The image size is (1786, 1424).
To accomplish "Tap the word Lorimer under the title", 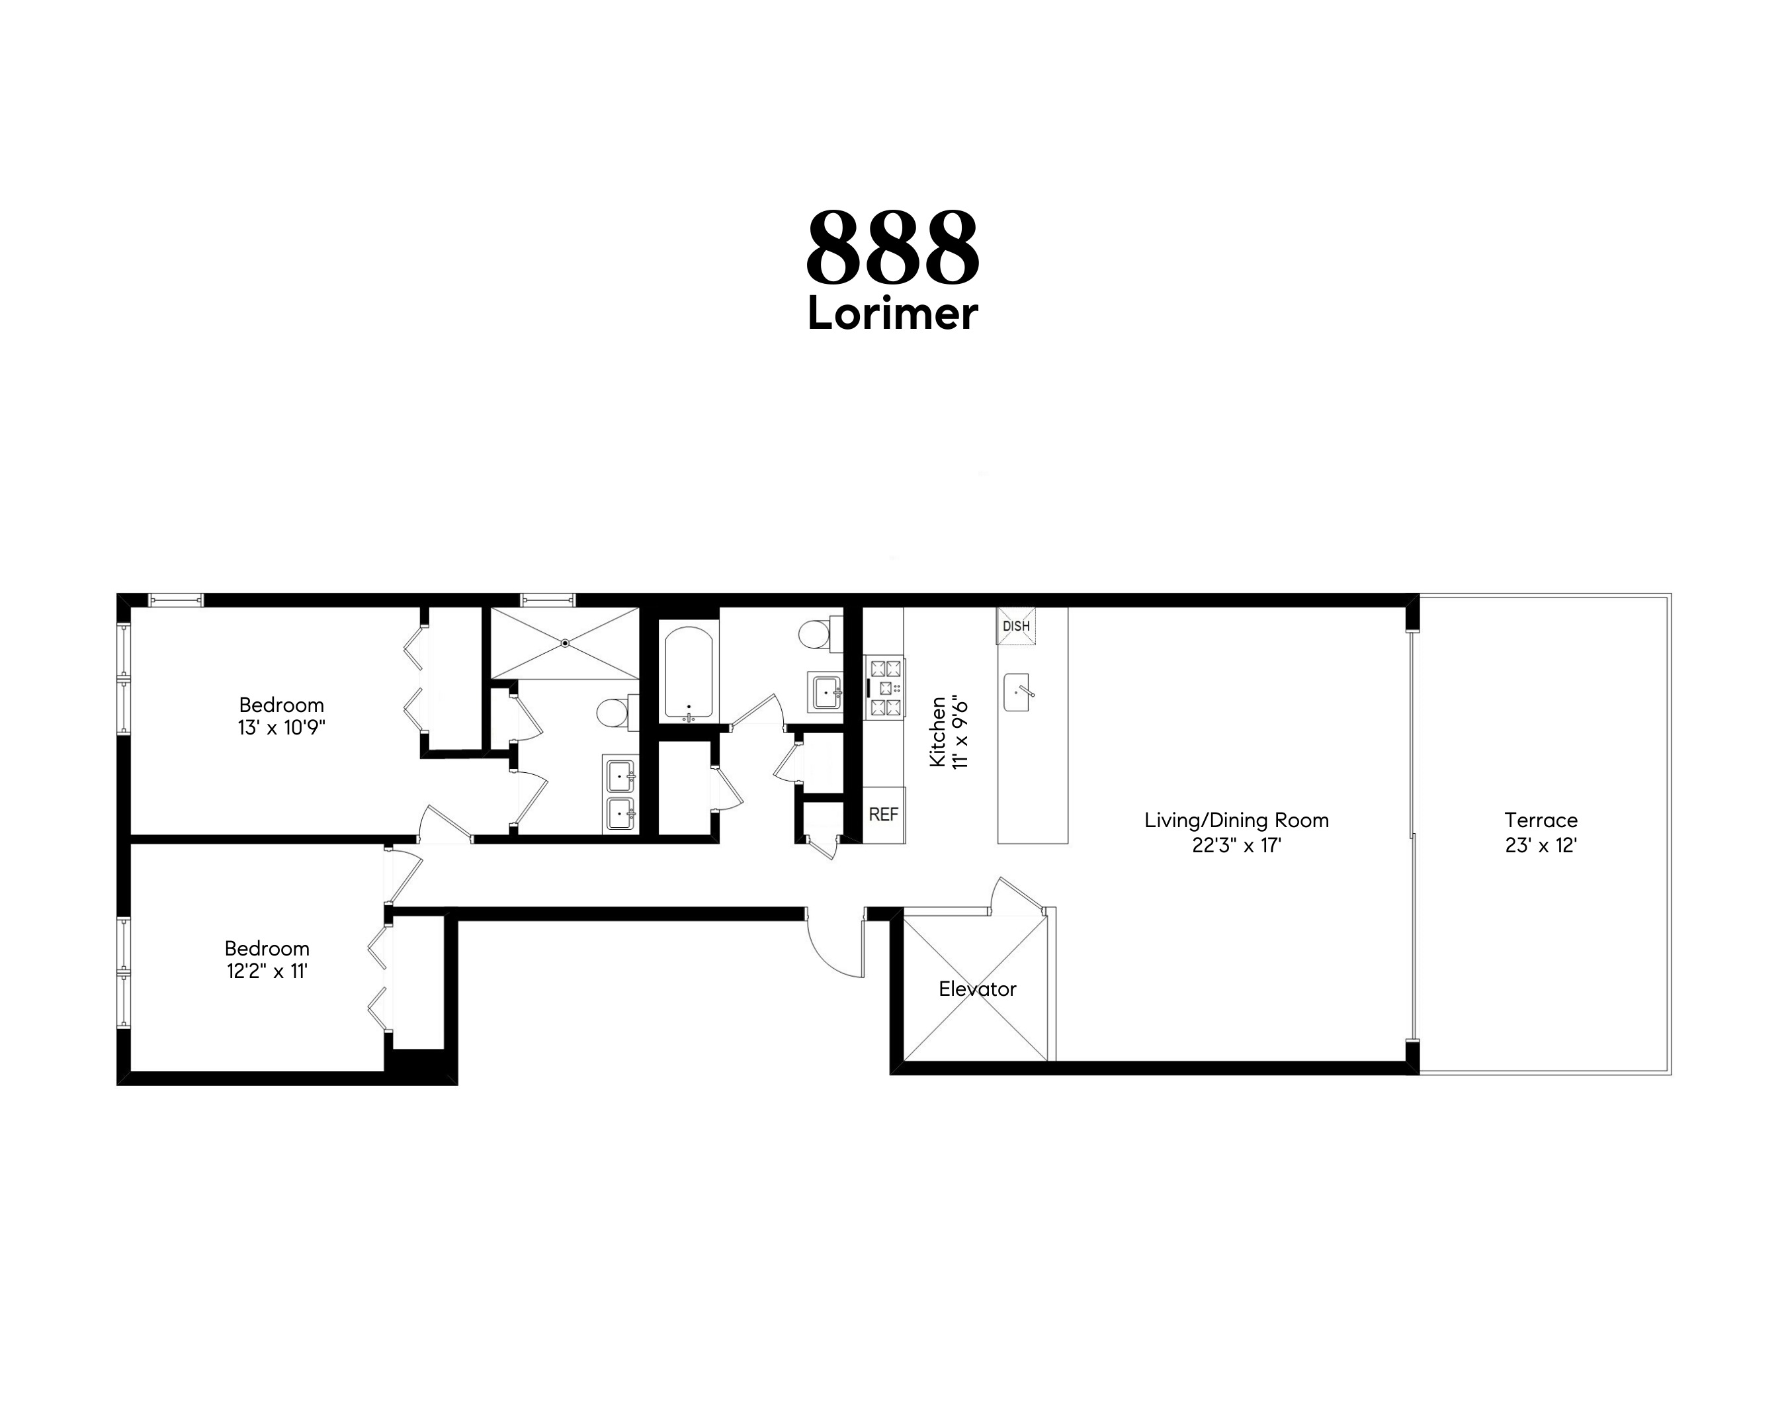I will pos(892,315).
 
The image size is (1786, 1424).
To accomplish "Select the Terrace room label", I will pos(1540,821).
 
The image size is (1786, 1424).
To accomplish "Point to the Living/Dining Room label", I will pos(1236,821).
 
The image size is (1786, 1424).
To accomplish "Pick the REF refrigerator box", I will pos(883,815).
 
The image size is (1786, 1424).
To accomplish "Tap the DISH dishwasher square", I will pos(1015,626).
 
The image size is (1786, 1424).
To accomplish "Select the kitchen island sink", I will pos(1017,692).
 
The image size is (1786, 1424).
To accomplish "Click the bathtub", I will pos(689,673).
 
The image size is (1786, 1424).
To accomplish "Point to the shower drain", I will pos(565,643).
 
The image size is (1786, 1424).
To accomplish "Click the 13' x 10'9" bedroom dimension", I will pos(281,729).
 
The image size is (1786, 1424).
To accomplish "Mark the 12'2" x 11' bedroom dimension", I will pos(267,971).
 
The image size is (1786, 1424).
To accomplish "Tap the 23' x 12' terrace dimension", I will pos(1540,846).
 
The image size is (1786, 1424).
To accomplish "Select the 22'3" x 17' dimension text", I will pos(1236,846).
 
